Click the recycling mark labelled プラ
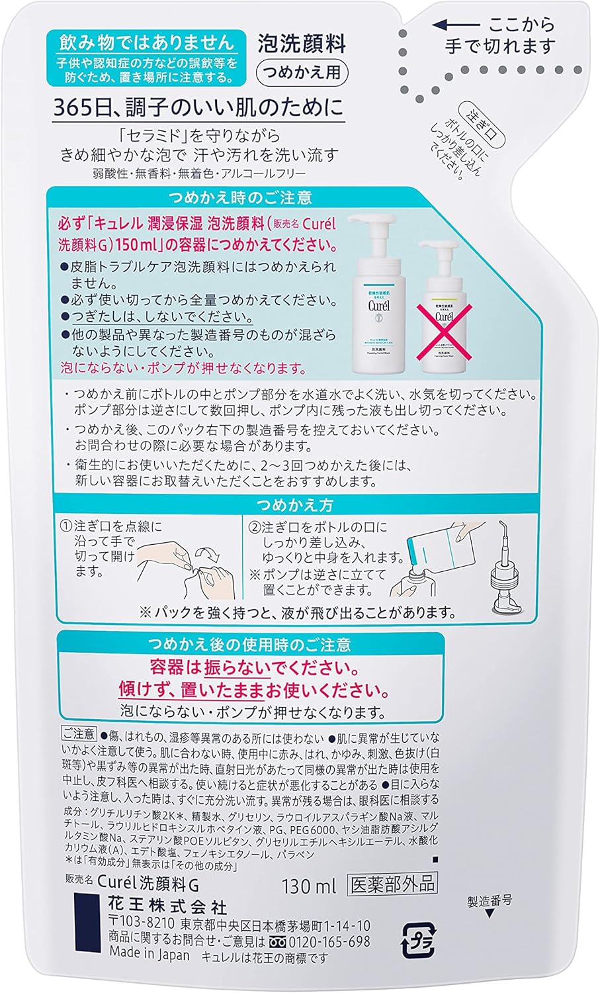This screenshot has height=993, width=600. (x=419, y=940)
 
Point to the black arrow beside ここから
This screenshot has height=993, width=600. (x=456, y=25)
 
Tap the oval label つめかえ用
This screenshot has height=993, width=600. (x=302, y=72)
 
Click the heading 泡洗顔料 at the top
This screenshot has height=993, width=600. (x=302, y=44)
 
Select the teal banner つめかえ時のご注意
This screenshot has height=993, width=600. (x=241, y=197)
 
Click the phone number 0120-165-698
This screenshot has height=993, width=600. (x=329, y=941)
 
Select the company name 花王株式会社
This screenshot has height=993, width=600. (x=167, y=906)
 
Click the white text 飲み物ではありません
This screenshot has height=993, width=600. (x=147, y=42)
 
